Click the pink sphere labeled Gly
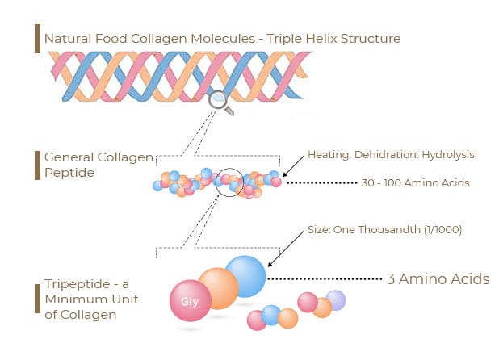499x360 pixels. pos(190,302)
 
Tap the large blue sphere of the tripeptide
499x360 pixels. pos(245,275)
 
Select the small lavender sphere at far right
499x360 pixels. pos(335,299)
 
